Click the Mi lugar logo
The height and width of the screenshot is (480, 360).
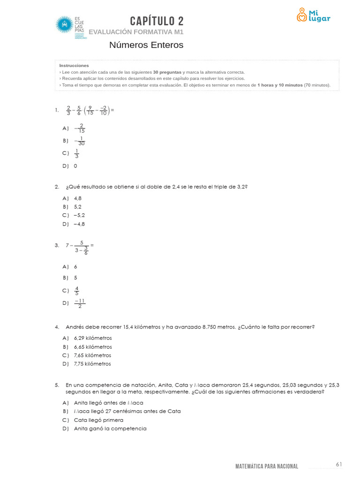pyautogui.click(x=313, y=15)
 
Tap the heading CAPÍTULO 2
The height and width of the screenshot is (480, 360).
pyautogui.click(x=157, y=21)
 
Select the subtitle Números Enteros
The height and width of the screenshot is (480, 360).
pyautogui.click(x=146, y=45)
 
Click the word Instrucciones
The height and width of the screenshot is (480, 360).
pyautogui.click(x=74, y=66)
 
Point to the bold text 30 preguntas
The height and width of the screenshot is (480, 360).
pyautogui.click(x=167, y=72)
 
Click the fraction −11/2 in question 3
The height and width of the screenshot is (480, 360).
pyautogui.click(x=80, y=303)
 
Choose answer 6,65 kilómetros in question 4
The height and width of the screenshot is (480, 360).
pyautogui.click(x=93, y=347)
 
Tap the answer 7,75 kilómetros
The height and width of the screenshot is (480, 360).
pyautogui.click(x=93, y=364)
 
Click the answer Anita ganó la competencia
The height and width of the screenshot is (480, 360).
pyautogui.click(x=110, y=428)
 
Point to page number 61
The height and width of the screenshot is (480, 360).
pyautogui.click(x=339, y=464)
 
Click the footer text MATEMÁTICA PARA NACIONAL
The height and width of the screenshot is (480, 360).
pyautogui.click(x=266, y=466)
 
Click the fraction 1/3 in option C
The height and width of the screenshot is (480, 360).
pyautogui.click(x=77, y=153)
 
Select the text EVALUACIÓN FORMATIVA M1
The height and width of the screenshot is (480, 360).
pyautogui.click(x=135, y=32)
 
